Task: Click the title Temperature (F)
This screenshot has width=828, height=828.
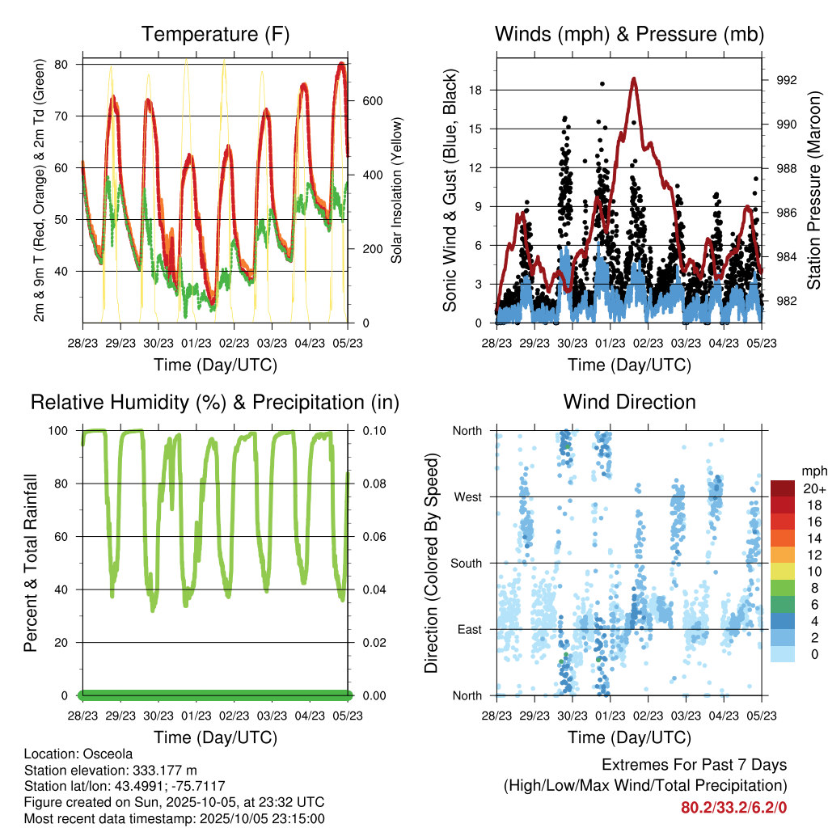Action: (215, 35)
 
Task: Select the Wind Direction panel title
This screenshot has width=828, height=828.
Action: (629, 402)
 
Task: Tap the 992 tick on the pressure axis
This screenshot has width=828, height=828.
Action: (787, 80)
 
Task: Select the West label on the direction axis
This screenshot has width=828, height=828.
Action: (467, 496)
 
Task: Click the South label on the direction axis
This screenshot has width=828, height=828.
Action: (466, 563)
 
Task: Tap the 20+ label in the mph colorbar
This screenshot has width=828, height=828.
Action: (813, 489)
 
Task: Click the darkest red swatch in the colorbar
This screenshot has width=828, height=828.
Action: (783, 488)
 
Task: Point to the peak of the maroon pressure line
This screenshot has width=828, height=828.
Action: (635, 78)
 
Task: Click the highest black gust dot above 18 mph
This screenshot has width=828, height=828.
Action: (602, 83)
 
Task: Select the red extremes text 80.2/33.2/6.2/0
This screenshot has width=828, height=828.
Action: (734, 807)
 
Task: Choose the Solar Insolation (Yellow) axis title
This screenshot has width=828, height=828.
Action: (397, 190)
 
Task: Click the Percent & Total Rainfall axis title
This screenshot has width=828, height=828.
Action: (31, 564)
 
